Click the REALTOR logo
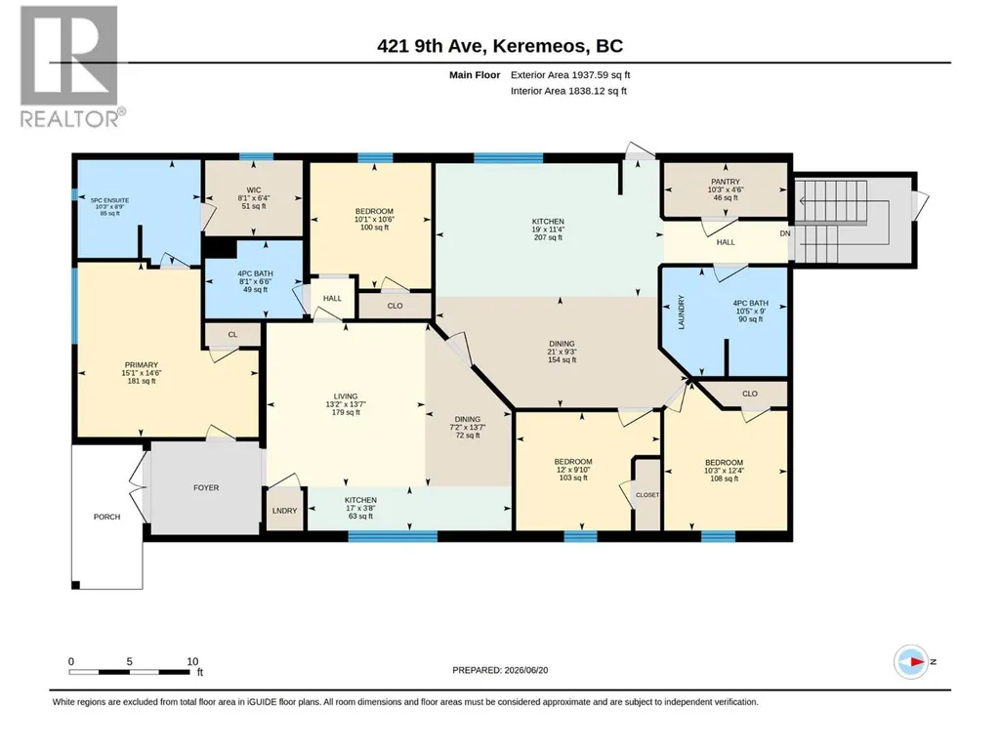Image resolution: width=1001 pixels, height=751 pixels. [x=69, y=66]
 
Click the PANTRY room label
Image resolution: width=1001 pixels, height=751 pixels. [x=726, y=182]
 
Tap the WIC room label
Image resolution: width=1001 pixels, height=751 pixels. [x=254, y=190]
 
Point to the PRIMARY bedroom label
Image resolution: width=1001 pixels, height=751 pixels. [x=141, y=365]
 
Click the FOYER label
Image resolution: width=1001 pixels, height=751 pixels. [x=206, y=488]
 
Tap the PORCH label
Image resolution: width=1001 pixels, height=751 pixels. [x=106, y=517]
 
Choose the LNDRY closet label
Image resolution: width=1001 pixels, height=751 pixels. [x=285, y=511]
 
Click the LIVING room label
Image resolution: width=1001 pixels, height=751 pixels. [x=346, y=396]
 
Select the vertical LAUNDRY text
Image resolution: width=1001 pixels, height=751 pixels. [x=681, y=313]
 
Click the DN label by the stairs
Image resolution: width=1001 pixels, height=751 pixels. [x=785, y=233]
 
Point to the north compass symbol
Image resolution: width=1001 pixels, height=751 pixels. [x=911, y=661]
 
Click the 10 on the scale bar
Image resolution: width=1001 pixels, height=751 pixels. [x=192, y=661]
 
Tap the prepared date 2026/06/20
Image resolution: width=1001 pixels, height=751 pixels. [x=526, y=671]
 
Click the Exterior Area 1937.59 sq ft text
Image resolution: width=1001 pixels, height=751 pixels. [x=570, y=75]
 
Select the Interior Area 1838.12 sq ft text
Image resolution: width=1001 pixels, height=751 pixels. [x=568, y=91]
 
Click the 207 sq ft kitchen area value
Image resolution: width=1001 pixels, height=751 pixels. [x=549, y=237]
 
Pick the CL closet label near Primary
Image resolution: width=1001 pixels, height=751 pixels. [x=233, y=335]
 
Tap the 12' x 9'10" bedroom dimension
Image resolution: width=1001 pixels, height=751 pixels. [x=573, y=470]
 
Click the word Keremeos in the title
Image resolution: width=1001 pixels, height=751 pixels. [x=540, y=46]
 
